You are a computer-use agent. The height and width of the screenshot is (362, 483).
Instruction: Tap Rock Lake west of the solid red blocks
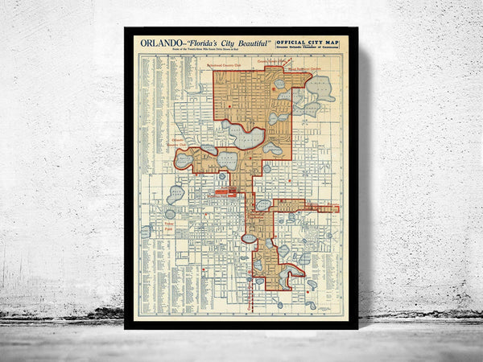click(x=175, y=194)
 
